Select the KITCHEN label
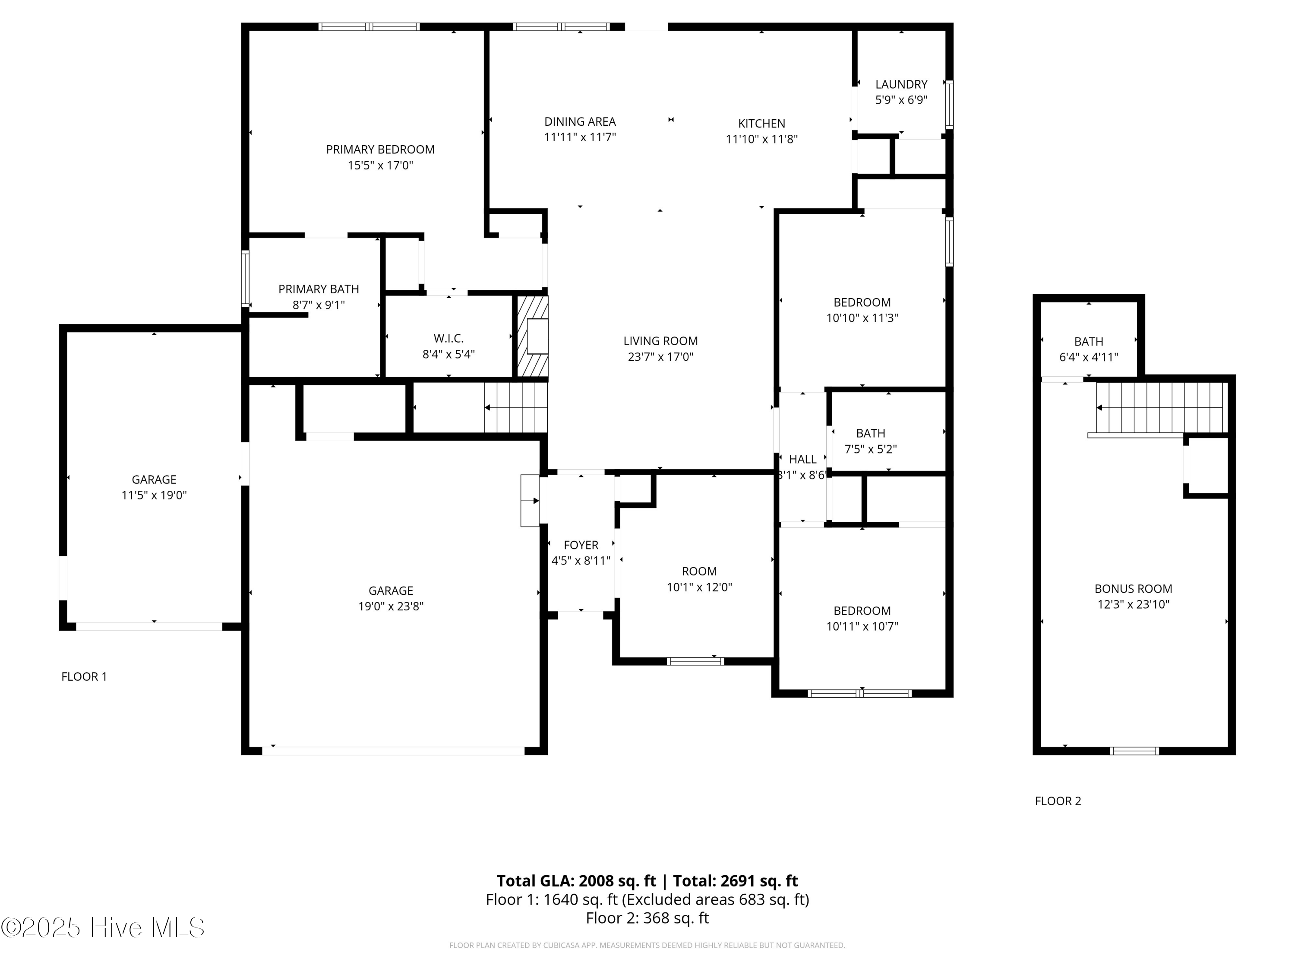click(761, 124)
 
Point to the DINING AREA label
click(580, 122)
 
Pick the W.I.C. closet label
click(449, 339)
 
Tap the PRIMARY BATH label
click(319, 289)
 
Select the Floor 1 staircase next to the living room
click(515, 407)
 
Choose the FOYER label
click(581, 545)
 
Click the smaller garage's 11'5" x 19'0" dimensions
click(154, 495)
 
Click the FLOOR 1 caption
click(84, 677)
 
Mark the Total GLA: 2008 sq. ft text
click(576, 880)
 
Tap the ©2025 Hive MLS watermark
click(103, 928)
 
